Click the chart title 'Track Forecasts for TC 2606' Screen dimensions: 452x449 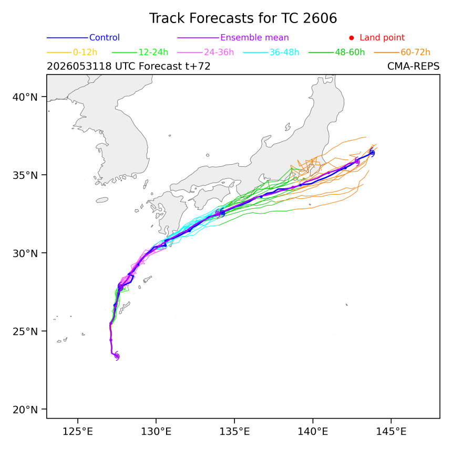tap(243, 18)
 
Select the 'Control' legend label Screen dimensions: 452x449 tap(105, 37)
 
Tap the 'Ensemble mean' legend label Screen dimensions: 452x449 tap(254, 37)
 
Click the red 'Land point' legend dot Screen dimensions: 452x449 tap(352, 38)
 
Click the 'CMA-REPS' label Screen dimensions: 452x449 tap(414, 66)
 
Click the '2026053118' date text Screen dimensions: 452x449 tap(79, 66)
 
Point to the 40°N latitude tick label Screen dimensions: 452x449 tap(25, 97)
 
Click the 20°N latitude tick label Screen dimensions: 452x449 tap(25, 409)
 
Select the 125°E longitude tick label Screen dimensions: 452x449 tap(78, 432)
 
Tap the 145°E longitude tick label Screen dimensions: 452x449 tap(391, 432)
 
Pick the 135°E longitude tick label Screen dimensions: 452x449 tap(234, 432)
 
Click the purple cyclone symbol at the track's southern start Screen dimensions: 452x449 tap(117, 356)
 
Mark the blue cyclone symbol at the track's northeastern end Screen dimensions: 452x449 tap(372, 153)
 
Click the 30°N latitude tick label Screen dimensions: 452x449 tap(25, 253)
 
